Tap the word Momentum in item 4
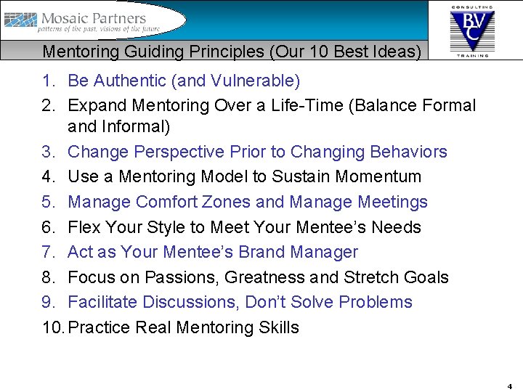click(x=378, y=176)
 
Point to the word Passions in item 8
click(x=182, y=277)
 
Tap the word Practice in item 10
click(x=100, y=327)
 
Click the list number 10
click(x=52, y=327)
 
